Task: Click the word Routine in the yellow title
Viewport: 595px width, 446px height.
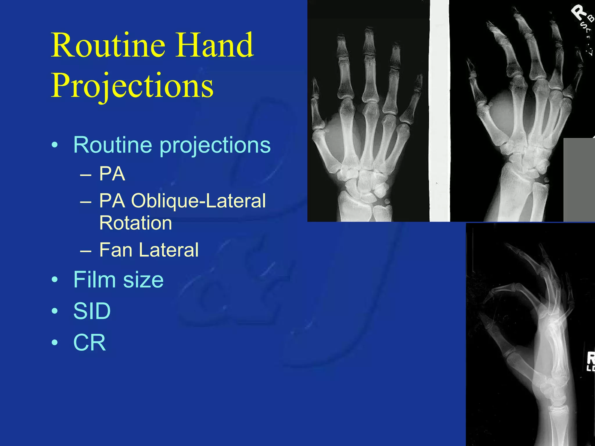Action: tap(108, 46)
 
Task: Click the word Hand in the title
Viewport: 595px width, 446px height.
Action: tap(215, 46)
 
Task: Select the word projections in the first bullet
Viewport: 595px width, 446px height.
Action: tap(215, 145)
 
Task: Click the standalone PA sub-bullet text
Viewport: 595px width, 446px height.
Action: tap(112, 174)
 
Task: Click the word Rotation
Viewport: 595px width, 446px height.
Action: tap(136, 223)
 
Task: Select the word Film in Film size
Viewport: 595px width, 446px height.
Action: tap(95, 280)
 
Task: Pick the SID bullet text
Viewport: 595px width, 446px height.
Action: tap(92, 311)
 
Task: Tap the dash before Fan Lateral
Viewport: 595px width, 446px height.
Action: tap(86, 251)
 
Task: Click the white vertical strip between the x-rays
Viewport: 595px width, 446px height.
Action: tap(439, 110)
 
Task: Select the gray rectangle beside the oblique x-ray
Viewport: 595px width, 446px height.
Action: tap(579, 180)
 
